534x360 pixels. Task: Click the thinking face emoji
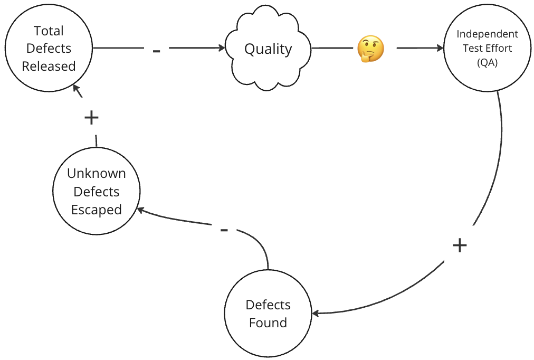[370, 50]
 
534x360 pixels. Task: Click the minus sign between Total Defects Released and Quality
[156, 51]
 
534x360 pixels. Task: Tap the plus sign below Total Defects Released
[91, 118]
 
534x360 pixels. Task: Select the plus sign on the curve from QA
[460, 245]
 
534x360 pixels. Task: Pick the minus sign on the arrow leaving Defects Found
[224, 230]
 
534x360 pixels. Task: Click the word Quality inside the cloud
[268, 49]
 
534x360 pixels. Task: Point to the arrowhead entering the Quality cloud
[222, 48]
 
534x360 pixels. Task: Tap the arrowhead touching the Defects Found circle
[316, 314]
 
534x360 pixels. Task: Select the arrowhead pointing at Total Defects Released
[77, 88]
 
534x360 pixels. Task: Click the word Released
[49, 66]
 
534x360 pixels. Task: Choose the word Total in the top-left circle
[49, 31]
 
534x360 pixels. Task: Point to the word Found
[268, 323]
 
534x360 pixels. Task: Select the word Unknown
[97, 174]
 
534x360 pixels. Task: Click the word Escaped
[97, 210]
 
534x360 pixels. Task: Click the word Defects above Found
[268, 305]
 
